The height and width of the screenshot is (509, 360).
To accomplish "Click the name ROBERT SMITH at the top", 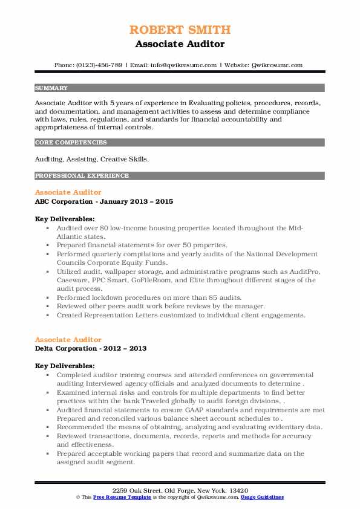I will pyautogui.click(x=180, y=30).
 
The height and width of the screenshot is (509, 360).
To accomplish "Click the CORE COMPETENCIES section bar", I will pyautogui.click(x=179, y=143).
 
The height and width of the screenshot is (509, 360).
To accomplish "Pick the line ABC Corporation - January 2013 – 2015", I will pyautogui.click(x=103, y=201).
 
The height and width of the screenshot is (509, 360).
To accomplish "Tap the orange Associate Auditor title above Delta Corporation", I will pyautogui.click(x=68, y=340).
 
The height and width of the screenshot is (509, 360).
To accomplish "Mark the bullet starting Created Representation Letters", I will pyautogui.click(x=181, y=315).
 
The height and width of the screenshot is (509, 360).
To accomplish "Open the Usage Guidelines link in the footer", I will pyautogui.click(x=261, y=496).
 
